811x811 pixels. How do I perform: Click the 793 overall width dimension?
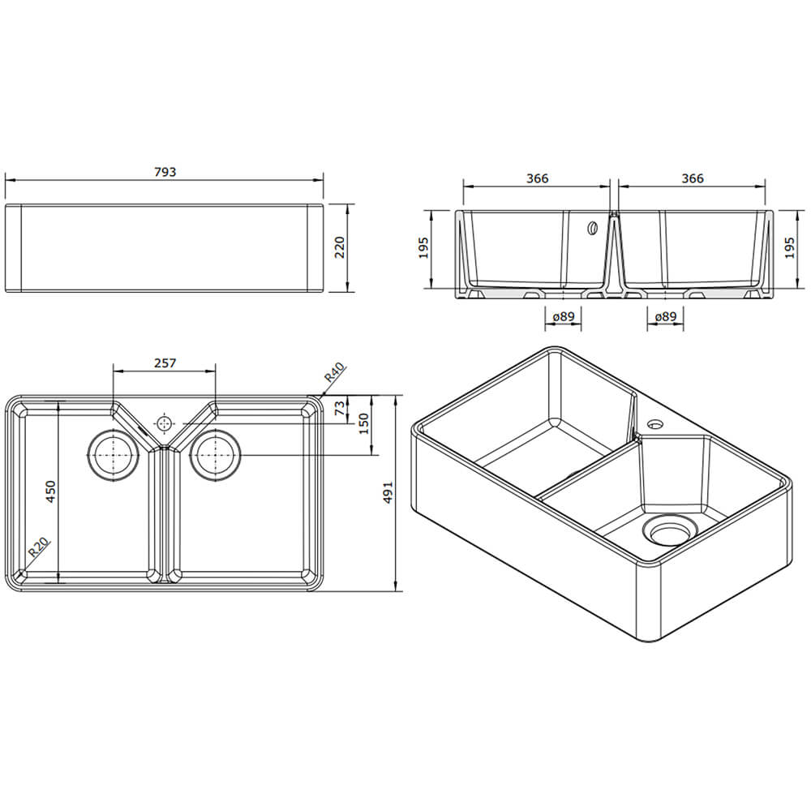pyautogui.click(x=164, y=172)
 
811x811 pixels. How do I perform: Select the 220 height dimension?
pyautogui.click(x=340, y=247)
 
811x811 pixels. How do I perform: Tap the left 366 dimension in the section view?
pyautogui.click(x=537, y=178)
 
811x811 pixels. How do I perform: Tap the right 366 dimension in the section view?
pyautogui.click(x=692, y=178)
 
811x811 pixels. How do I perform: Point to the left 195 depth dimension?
pyautogui.click(x=423, y=249)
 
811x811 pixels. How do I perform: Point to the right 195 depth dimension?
pyautogui.click(x=790, y=249)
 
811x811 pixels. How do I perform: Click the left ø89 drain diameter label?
pyautogui.click(x=563, y=317)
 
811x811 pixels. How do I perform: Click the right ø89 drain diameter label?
pyautogui.click(x=665, y=317)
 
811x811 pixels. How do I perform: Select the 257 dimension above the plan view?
pyautogui.click(x=164, y=363)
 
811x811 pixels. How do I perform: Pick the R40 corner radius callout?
pyautogui.click(x=335, y=375)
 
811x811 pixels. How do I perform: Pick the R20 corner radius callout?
pyautogui.click(x=37, y=550)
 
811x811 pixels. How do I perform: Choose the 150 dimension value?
pyautogui.click(x=364, y=423)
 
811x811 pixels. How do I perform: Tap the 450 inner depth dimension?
pyautogui.click(x=50, y=492)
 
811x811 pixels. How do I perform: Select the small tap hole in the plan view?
pyautogui.click(x=165, y=423)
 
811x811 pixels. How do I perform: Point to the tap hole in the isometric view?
pyautogui.click(x=654, y=423)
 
